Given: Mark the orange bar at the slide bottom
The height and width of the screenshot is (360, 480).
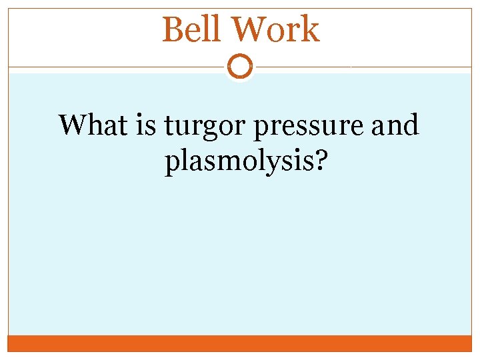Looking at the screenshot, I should click(240, 343).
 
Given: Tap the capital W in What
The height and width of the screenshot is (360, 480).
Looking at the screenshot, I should click(73, 125).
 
